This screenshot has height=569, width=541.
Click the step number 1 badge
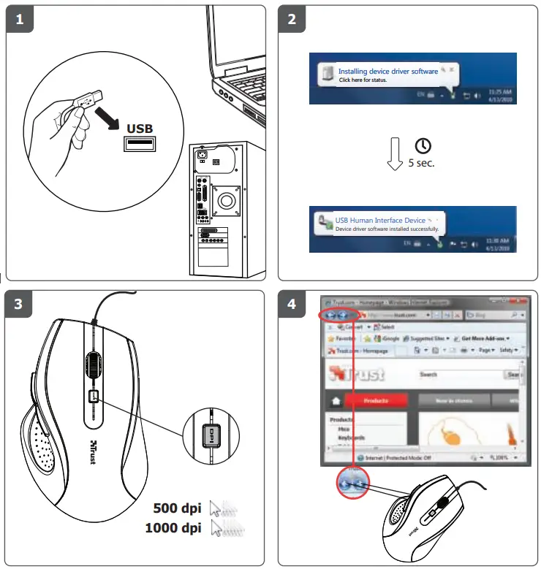(x=19, y=20)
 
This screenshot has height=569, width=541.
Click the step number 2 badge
(x=292, y=20)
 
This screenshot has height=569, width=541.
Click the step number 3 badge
(x=19, y=305)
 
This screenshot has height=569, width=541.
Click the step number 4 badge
(x=292, y=305)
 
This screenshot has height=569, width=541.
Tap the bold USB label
(x=140, y=129)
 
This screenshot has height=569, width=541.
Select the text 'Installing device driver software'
(x=387, y=72)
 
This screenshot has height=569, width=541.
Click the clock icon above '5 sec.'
(x=423, y=145)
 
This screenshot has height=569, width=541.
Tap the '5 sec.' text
(x=421, y=163)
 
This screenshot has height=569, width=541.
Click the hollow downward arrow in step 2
(x=395, y=153)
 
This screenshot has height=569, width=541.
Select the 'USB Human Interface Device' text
(x=380, y=220)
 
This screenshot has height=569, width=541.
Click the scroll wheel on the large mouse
(x=94, y=364)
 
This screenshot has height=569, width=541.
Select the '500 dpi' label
(x=177, y=508)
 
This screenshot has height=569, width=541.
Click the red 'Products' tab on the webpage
(x=376, y=400)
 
